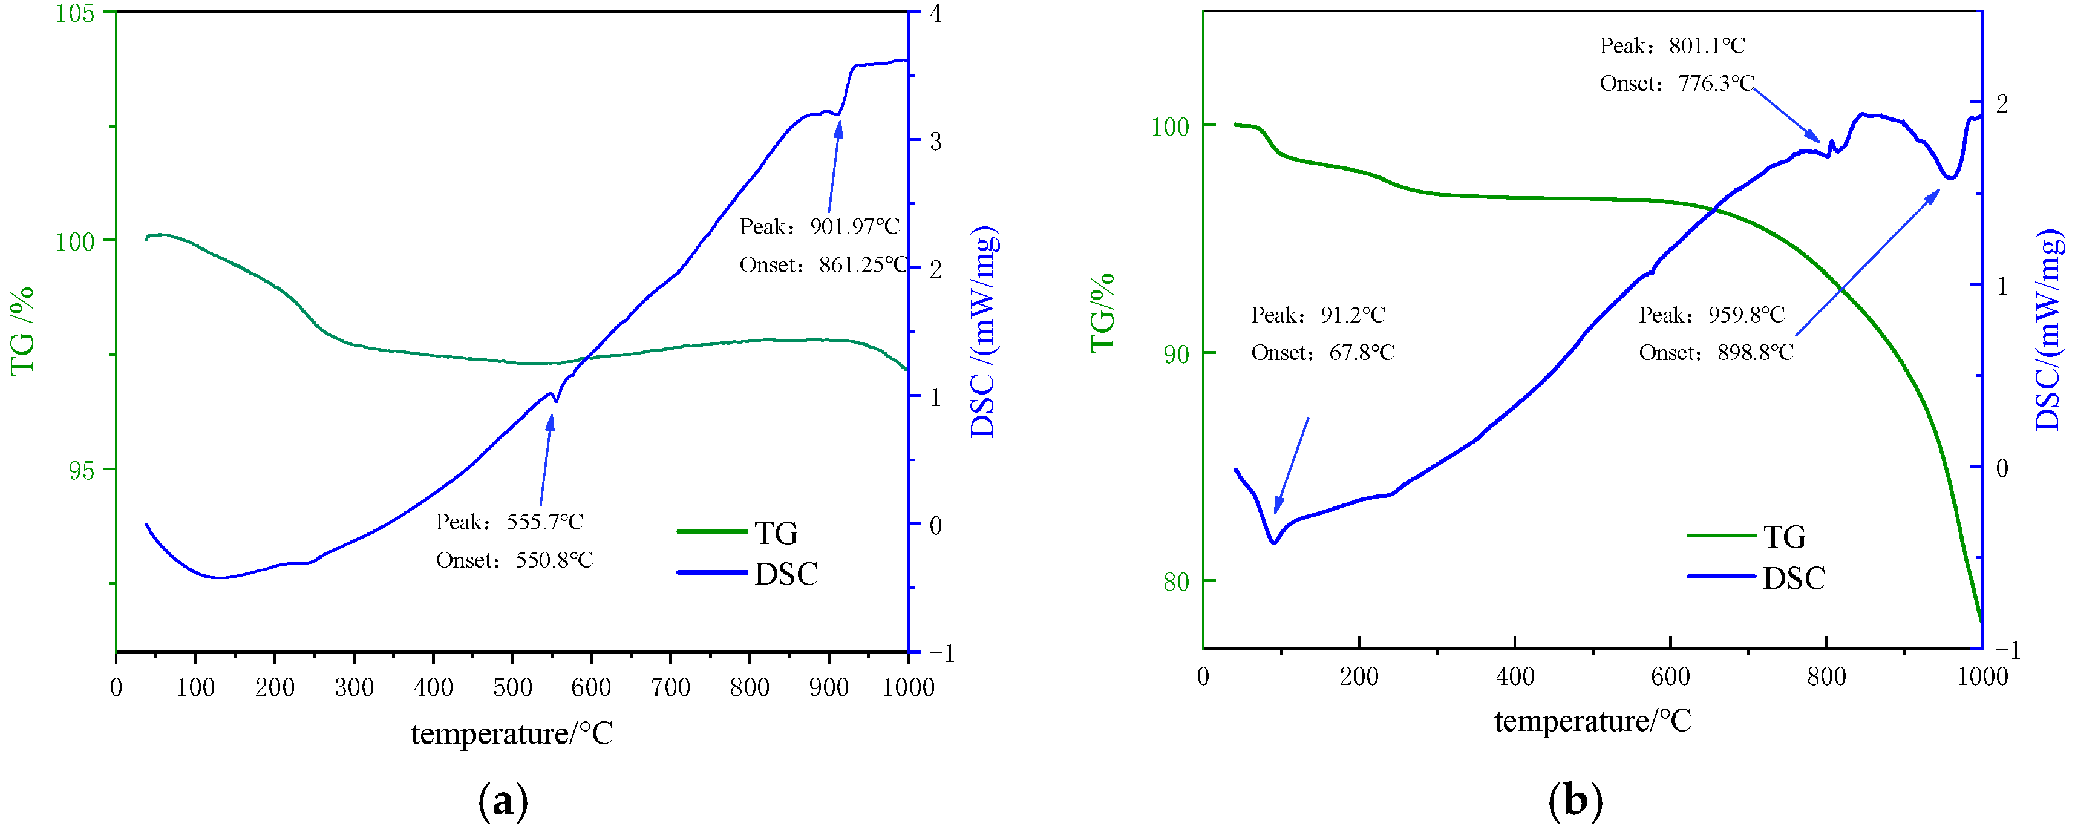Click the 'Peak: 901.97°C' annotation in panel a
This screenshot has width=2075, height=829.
tap(819, 226)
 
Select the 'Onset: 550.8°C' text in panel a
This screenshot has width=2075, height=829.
tap(514, 560)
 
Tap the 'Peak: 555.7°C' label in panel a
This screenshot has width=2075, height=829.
tap(509, 522)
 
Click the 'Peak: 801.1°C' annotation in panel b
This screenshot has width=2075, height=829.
tap(1672, 46)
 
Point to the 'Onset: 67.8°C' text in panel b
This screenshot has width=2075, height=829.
tap(1322, 353)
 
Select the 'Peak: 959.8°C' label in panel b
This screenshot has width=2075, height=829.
tap(1711, 315)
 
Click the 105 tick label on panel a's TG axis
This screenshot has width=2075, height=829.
tap(75, 14)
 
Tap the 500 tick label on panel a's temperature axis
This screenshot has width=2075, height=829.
tap(512, 687)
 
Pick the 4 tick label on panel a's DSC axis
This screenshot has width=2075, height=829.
tap(935, 14)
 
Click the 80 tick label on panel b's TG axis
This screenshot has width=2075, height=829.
tap(1176, 582)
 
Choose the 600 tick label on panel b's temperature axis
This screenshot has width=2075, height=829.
tap(1670, 676)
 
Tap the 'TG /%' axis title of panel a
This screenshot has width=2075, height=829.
tap(22, 330)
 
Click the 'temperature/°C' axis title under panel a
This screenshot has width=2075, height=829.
tap(512, 734)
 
